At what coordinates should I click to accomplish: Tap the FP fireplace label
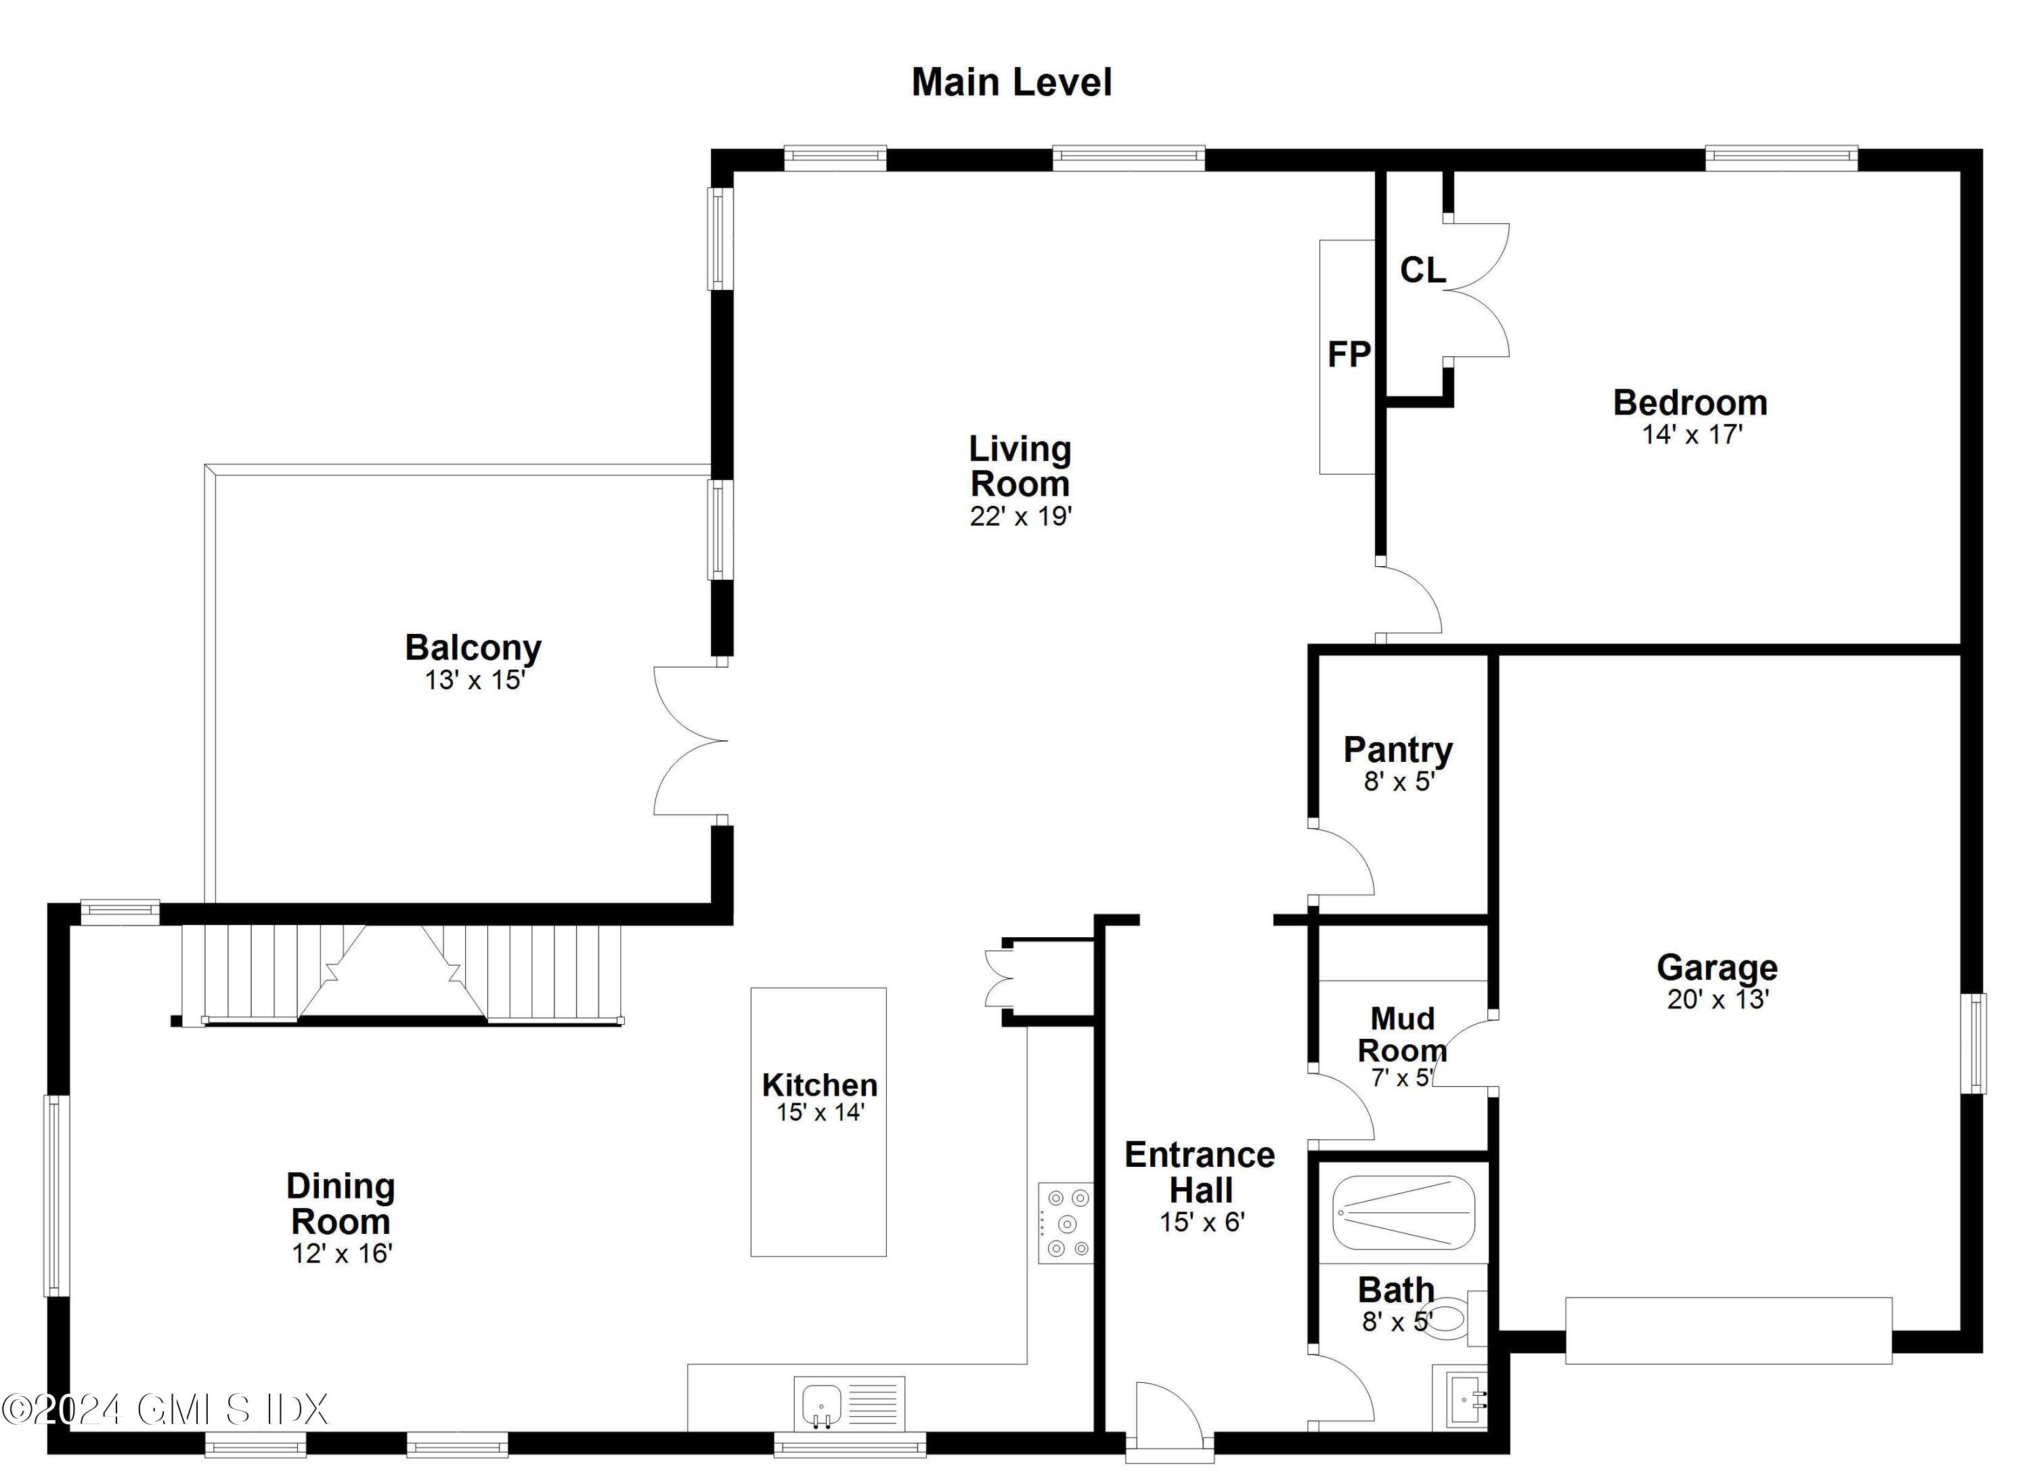(x=1348, y=355)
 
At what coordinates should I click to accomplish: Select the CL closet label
(x=1422, y=270)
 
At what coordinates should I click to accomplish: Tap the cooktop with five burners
(x=1066, y=1222)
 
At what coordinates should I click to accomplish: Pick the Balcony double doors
(x=690, y=741)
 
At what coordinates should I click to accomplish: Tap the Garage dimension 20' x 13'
(x=1717, y=1000)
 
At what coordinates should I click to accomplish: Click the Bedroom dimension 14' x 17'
(x=1692, y=434)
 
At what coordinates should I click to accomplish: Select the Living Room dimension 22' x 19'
(x=1020, y=517)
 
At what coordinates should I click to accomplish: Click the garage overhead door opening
(x=1728, y=1330)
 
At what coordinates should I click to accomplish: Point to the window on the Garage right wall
(x=1973, y=1044)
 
